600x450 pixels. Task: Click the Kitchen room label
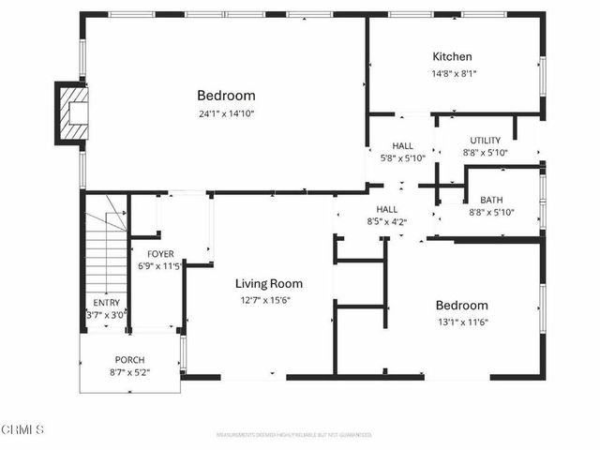click(x=452, y=56)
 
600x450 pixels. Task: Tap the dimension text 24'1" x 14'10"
click(x=226, y=113)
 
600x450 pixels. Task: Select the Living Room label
click(x=268, y=283)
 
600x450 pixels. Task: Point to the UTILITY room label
click(x=485, y=141)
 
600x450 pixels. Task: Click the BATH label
click(x=491, y=200)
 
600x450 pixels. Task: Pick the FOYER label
click(x=160, y=253)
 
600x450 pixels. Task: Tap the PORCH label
click(x=129, y=360)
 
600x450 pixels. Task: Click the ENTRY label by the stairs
click(x=106, y=303)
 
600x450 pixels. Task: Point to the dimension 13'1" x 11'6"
click(x=461, y=322)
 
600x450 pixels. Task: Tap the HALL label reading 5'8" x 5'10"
click(x=403, y=146)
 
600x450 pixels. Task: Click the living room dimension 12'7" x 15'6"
click(x=268, y=300)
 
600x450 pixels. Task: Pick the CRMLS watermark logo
click(x=23, y=429)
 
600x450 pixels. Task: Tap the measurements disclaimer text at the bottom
click(x=293, y=435)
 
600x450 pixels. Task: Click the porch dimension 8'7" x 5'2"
click(x=129, y=372)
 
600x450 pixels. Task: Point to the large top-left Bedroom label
click(x=226, y=96)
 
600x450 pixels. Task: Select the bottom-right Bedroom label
click(x=461, y=306)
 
